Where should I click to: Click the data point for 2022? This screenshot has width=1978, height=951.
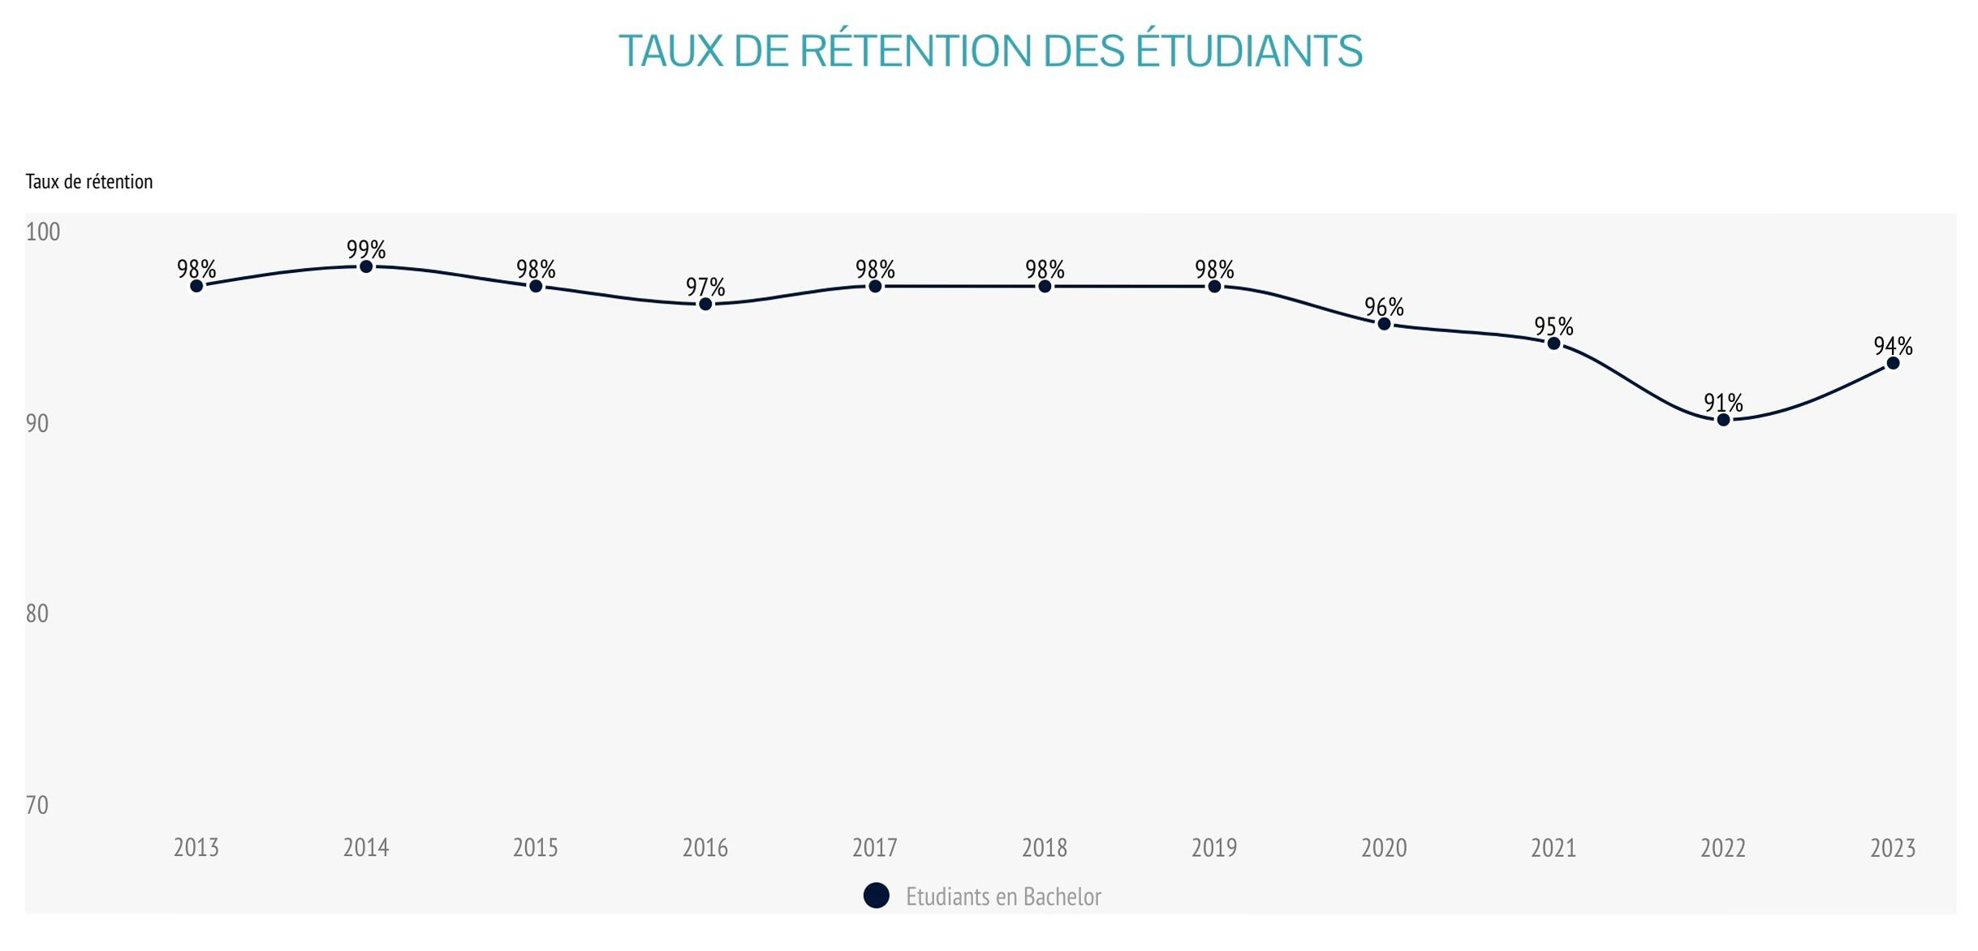(1722, 420)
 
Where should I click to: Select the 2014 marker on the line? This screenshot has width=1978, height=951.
(366, 267)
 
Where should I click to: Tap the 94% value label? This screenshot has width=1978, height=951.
(1892, 347)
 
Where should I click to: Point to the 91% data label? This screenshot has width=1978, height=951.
(1722, 403)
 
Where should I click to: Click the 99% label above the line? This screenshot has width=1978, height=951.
(366, 249)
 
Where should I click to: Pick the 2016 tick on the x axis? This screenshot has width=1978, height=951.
(705, 848)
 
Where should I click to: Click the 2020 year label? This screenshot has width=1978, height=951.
(1384, 848)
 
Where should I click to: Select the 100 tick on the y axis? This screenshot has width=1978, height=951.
(43, 232)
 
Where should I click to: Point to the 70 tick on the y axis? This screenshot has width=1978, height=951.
(37, 805)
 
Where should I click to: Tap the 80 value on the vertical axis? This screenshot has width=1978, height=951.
(37, 613)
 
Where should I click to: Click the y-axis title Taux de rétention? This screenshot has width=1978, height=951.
(89, 182)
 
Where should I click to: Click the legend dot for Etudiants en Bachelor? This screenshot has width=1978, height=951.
(877, 896)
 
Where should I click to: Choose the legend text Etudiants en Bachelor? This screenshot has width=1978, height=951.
(1003, 897)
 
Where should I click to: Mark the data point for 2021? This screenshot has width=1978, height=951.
(1554, 344)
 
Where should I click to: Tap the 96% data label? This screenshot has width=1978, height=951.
(1384, 307)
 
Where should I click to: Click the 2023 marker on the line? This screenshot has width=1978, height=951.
(1893, 363)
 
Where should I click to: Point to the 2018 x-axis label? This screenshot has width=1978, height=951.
(1045, 848)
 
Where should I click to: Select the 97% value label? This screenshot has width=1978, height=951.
(705, 287)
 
